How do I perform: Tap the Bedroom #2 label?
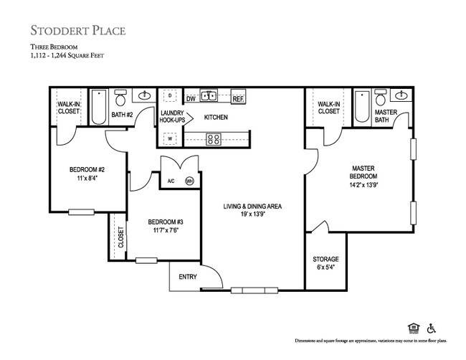pos(87,170)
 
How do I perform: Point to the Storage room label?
pos(325,260)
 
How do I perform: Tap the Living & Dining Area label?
pos(252,207)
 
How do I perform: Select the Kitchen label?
pos(216,117)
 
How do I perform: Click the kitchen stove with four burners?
pos(213,139)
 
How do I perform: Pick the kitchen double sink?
pos(209,95)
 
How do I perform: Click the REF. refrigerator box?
pos(238,99)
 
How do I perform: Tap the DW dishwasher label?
pos(191,99)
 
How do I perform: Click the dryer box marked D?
pos(170,95)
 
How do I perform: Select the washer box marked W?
pos(170,138)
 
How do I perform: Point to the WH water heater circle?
pos(190,181)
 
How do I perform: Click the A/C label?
pos(171,181)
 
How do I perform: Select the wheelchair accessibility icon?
pos(432,328)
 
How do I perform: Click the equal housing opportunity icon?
pos(412,328)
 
